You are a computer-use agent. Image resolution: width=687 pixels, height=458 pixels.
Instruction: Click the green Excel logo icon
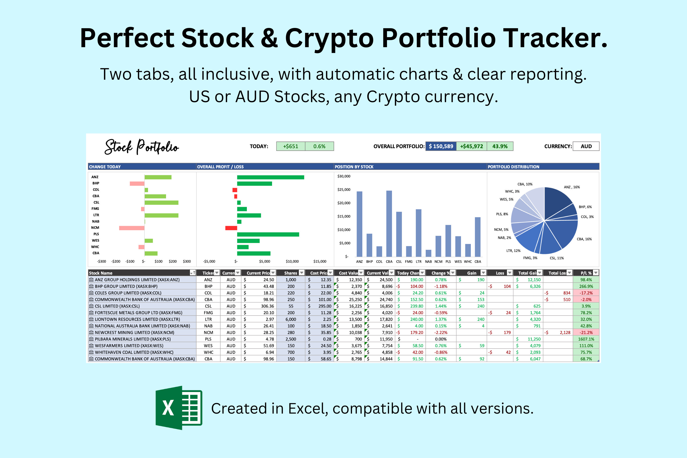click(x=179, y=408)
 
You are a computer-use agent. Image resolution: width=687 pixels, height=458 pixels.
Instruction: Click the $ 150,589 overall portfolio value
click(x=441, y=146)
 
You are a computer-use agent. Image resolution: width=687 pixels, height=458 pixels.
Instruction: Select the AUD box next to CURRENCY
click(x=586, y=146)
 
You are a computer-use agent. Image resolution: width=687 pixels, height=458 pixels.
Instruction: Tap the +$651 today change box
click(x=291, y=146)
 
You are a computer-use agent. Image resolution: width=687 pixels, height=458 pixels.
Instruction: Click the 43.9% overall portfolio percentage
click(x=500, y=146)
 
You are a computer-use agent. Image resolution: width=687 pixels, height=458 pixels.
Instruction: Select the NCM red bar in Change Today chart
click(x=132, y=228)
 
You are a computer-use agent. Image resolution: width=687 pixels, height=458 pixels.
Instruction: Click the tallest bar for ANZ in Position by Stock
click(x=360, y=224)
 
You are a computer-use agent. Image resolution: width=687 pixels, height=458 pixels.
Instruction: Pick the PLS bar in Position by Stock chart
click(x=448, y=241)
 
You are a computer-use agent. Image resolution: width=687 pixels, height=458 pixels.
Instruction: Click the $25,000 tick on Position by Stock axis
click(x=344, y=190)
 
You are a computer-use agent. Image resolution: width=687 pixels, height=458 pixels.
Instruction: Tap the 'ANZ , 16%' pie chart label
click(x=572, y=187)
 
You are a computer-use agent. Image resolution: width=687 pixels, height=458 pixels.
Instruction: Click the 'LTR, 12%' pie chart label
click(x=513, y=251)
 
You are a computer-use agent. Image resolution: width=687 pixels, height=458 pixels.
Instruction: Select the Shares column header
click(x=291, y=273)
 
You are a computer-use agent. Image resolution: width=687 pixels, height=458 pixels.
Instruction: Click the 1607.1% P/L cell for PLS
click(x=586, y=339)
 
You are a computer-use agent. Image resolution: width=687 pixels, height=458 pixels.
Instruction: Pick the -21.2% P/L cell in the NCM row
click(x=586, y=333)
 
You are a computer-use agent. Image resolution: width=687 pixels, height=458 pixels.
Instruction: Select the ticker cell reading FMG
click(x=208, y=313)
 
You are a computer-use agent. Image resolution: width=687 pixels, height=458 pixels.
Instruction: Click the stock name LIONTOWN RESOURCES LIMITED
click(x=137, y=319)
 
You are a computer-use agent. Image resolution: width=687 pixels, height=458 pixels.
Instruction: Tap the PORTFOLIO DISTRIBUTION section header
click(x=513, y=167)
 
